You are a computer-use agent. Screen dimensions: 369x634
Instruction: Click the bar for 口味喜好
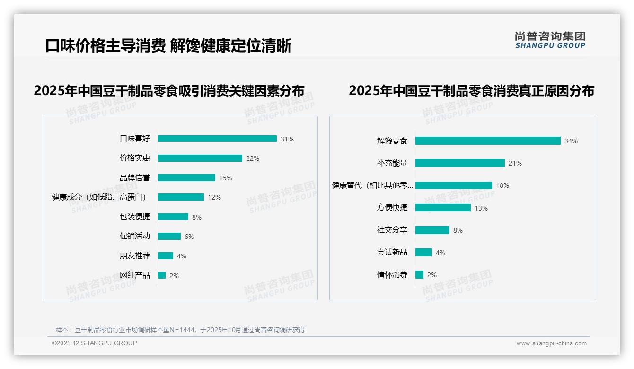[x=217, y=139]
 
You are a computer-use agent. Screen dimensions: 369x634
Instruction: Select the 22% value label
[x=252, y=158]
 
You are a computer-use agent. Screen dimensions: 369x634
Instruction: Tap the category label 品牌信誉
[x=134, y=178]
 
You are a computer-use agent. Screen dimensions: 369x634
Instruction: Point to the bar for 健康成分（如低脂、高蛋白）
[x=181, y=197]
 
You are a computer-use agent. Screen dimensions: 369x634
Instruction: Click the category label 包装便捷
[x=134, y=217]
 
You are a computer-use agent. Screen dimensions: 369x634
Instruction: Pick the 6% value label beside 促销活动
[x=189, y=237]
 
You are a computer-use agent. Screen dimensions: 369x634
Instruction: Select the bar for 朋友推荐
[x=166, y=256]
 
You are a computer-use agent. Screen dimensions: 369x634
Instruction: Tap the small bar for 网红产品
[x=162, y=275]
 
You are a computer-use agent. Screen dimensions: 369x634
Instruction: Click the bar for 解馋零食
[x=488, y=141]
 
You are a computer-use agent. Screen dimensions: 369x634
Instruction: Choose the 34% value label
[x=571, y=141]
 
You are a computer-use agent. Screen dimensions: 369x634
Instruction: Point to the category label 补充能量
[x=392, y=163]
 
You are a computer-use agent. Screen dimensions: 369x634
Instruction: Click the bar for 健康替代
[x=454, y=185]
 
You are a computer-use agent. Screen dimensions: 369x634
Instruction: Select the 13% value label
[x=481, y=208]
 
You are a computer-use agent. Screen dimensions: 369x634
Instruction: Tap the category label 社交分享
[x=392, y=230]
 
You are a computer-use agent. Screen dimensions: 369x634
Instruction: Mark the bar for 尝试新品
[x=423, y=253]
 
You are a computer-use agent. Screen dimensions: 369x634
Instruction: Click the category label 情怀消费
[x=392, y=275]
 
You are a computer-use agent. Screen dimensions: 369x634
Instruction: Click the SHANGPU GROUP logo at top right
[x=550, y=40]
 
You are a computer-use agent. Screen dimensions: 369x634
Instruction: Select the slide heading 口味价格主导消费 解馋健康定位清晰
[x=168, y=46]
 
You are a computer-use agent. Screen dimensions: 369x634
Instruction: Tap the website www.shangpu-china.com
[x=551, y=343]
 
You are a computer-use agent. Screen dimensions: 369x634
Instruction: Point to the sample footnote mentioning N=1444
[x=180, y=330]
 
